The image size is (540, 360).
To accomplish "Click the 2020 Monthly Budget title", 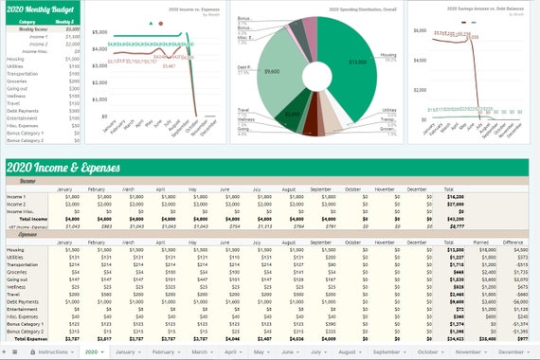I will (x=43, y=9).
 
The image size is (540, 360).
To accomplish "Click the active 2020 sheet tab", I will (x=92, y=351).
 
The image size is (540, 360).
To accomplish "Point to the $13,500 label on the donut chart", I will (x=357, y=63).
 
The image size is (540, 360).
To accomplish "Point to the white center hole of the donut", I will (x=318, y=74).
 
